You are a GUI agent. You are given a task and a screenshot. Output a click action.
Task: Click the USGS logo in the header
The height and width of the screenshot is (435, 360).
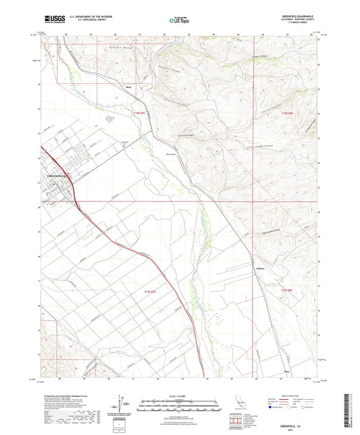50,17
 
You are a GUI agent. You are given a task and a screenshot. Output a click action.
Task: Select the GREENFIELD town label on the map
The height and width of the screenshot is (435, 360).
57,176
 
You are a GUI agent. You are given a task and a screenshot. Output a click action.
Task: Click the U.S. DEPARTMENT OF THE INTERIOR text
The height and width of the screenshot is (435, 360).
83,14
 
